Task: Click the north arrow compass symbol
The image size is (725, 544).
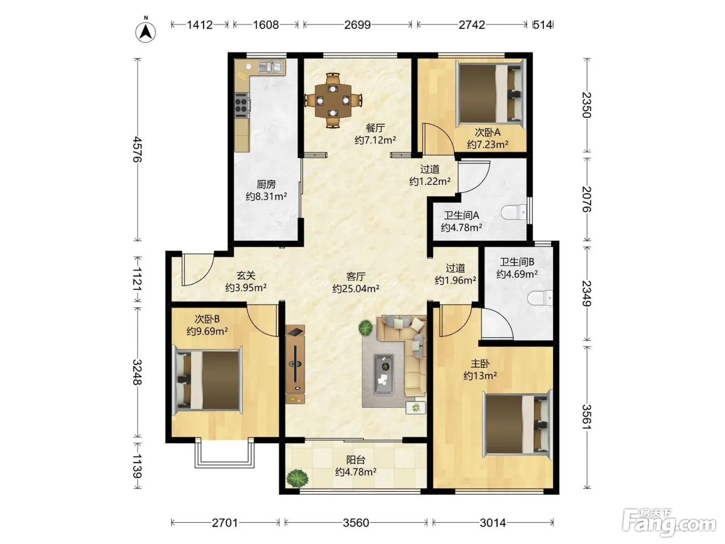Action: [x=146, y=32]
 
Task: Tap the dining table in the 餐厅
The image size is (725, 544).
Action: [x=333, y=101]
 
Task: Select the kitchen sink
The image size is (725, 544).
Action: [x=270, y=67]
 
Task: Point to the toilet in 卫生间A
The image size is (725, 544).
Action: [x=514, y=212]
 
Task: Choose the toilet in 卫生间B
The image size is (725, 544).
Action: [x=540, y=297]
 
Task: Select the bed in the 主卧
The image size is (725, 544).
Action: [x=517, y=424]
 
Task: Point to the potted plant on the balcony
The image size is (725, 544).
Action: [x=297, y=477]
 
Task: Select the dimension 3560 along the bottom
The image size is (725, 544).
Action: [x=356, y=523]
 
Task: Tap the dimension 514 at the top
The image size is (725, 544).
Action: [x=543, y=25]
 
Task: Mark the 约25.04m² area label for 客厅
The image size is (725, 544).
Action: [x=356, y=289]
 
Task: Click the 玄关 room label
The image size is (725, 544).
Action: [x=246, y=275]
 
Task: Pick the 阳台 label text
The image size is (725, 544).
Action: [x=356, y=460]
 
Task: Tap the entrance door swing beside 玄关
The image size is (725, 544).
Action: [x=197, y=269]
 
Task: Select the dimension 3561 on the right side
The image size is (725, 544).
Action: [x=587, y=417]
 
